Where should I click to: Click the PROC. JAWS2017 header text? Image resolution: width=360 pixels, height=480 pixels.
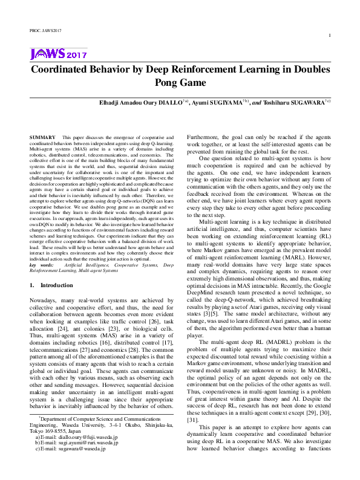click(46, 30)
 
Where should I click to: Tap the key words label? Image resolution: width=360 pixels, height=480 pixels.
click(41, 265)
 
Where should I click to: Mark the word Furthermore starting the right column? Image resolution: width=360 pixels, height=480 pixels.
click(205, 138)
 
